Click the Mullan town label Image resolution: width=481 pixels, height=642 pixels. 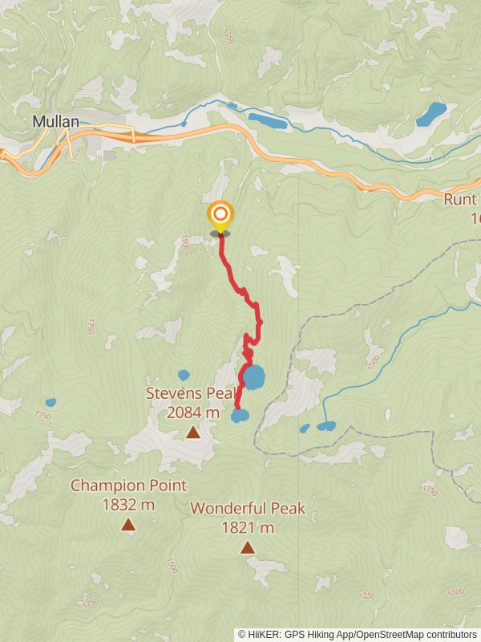[55, 122]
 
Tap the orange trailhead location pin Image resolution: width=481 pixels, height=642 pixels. [220, 215]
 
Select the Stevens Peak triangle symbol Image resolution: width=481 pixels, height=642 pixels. [193, 433]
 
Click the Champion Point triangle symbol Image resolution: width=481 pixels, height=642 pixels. [127, 525]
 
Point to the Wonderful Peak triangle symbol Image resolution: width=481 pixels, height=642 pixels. [248, 548]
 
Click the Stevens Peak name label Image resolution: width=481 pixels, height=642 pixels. [190, 394]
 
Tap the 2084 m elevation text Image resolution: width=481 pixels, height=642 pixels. [192, 412]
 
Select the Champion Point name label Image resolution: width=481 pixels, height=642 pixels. [128, 486]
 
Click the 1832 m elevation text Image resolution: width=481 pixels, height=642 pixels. [128, 505]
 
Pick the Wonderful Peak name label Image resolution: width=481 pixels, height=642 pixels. [248, 509]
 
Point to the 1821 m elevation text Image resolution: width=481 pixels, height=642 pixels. [248, 528]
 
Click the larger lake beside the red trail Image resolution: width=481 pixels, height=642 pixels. [253, 377]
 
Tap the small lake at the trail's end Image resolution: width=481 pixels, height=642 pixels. [240, 416]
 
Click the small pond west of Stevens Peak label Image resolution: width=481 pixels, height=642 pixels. [184, 375]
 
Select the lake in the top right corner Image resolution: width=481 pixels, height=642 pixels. [431, 114]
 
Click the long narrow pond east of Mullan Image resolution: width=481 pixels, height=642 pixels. [267, 121]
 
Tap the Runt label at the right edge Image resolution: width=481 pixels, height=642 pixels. [461, 199]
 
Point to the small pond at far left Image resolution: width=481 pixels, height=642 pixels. [51, 402]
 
